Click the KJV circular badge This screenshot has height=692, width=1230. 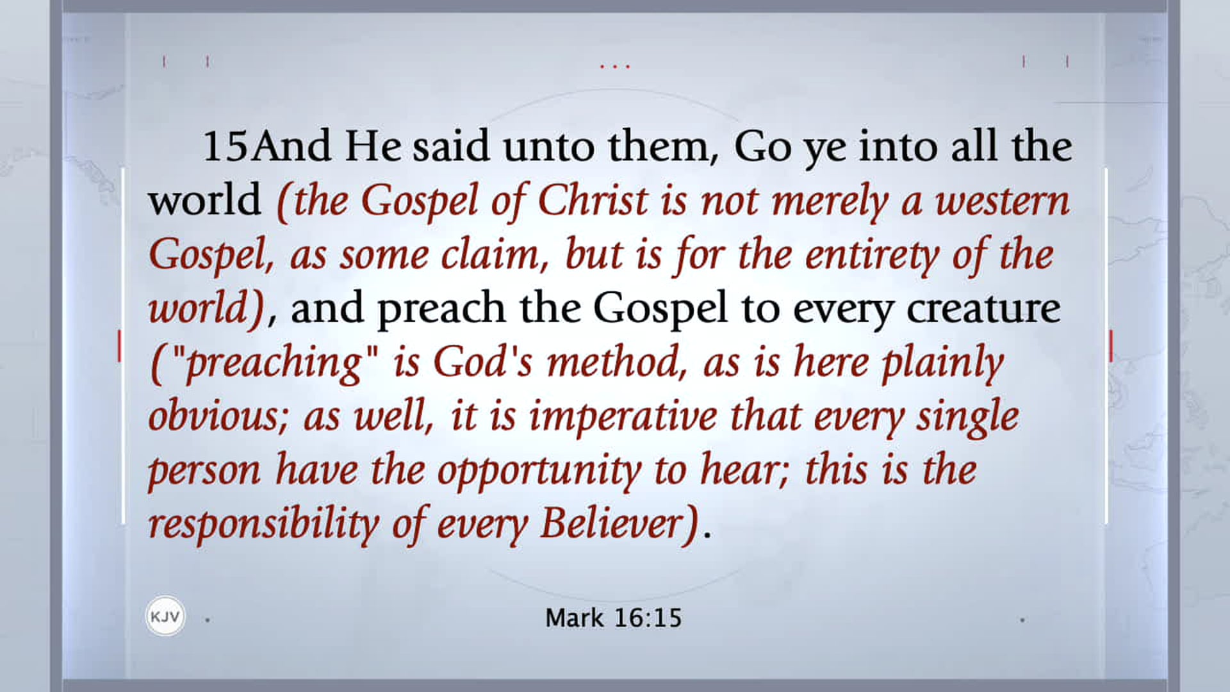165,616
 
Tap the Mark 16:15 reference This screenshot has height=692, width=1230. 613,618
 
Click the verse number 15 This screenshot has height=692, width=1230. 225,146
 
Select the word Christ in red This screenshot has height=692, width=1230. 593,200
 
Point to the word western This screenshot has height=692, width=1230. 1002,201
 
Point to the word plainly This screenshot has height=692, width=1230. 942,363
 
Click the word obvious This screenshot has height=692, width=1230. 218,416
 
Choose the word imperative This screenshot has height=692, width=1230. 622,416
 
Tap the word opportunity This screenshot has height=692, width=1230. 539,470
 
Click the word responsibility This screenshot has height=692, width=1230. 263,524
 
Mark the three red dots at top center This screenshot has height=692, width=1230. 614,66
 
